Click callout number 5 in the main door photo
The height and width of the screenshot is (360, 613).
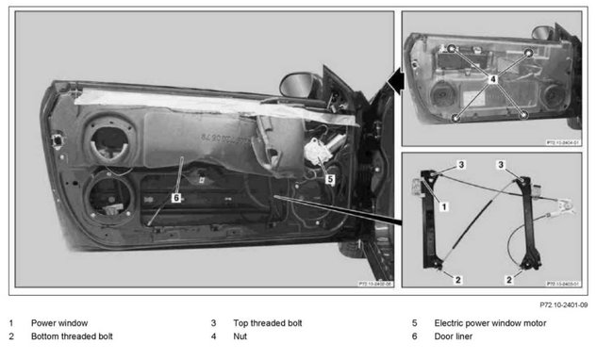click(329, 176)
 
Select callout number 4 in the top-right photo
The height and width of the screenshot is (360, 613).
click(491, 82)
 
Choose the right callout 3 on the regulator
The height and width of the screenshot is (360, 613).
click(502, 165)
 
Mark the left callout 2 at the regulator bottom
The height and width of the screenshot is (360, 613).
click(456, 280)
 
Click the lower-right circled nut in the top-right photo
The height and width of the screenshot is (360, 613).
click(524, 114)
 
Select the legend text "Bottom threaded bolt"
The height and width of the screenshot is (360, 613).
click(72, 336)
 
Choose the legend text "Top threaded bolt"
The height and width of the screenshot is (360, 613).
click(269, 322)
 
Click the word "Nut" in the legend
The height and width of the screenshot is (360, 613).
click(240, 336)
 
